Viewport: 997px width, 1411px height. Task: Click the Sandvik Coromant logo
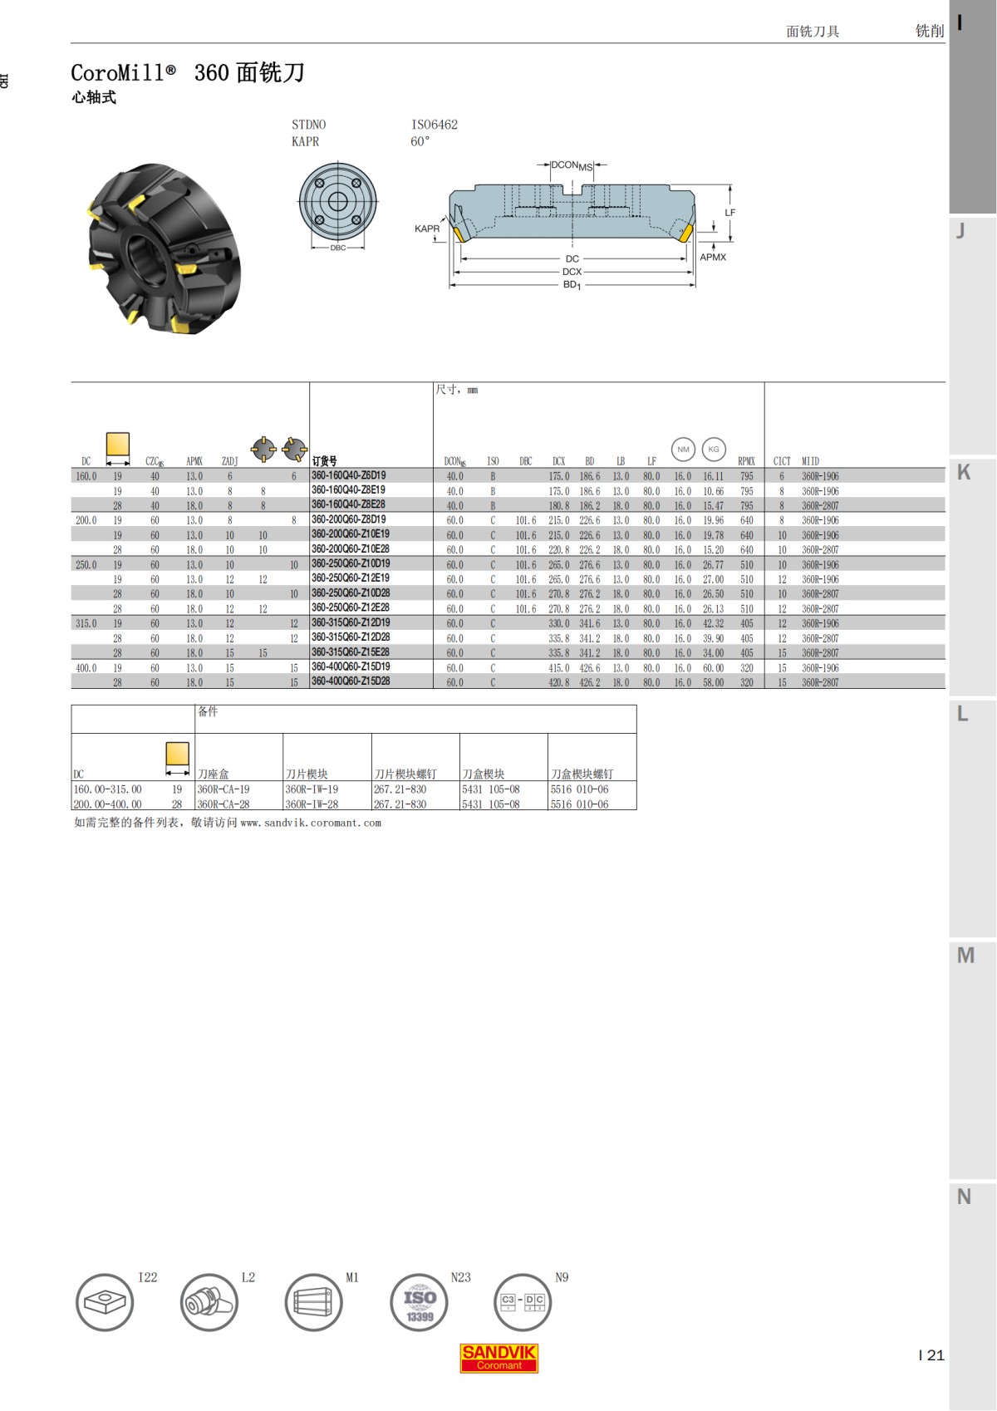[498, 1358]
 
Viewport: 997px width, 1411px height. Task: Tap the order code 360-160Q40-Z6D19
[349, 476]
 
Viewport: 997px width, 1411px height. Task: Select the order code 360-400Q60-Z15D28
[351, 681]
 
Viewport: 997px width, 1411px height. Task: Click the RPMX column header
[746, 461]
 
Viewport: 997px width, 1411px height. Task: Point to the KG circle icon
[714, 450]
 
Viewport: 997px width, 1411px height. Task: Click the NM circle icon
[683, 450]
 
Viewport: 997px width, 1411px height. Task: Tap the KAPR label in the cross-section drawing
[427, 229]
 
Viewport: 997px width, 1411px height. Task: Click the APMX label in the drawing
[713, 258]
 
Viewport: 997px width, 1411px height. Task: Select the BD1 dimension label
[572, 285]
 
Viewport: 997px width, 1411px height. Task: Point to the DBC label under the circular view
[338, 248]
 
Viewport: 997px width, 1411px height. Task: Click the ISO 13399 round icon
[419, 1302]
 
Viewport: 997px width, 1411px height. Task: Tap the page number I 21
[931, 1354]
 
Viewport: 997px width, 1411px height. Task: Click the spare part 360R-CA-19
[223, 789]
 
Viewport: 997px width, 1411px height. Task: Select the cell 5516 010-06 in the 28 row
[579, 804]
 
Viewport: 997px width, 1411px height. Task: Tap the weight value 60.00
[713, 668]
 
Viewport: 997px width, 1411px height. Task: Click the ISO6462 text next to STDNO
[435, 125]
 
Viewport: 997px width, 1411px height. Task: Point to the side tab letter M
[965, 956]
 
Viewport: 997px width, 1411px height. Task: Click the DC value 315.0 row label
[86, 623]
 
